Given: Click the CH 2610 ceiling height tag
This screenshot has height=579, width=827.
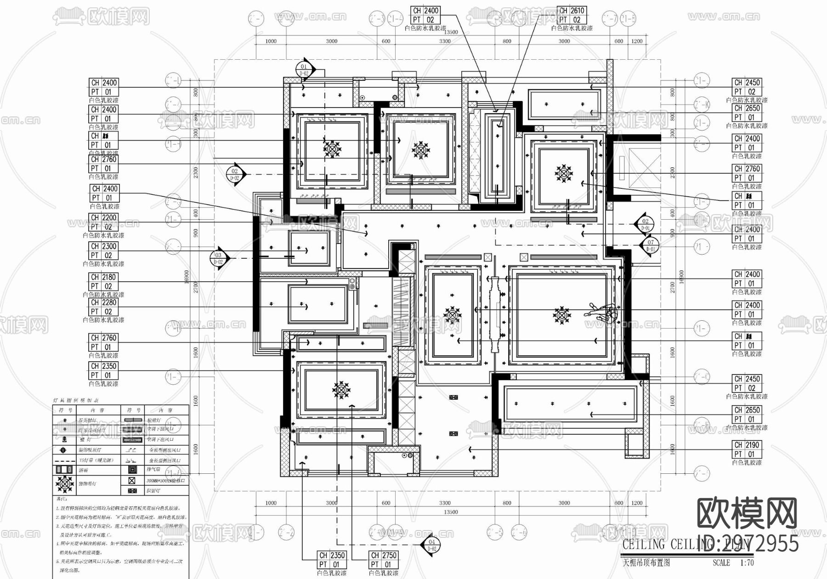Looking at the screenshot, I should (572, 11).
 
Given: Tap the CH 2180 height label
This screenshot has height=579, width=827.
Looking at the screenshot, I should (103, 277).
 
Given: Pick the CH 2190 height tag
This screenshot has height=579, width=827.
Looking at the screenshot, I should (747, 445).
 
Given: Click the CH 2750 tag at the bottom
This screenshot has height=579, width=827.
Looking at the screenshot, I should (383, 555).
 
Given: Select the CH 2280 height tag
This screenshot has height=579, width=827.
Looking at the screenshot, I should (103, 302).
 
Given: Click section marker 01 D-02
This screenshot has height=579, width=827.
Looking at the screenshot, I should (304, 69).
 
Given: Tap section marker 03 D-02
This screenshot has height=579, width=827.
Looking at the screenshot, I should (218, 258).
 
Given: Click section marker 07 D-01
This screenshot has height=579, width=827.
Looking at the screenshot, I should (650, 245).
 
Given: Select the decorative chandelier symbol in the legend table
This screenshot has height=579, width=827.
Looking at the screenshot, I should (64, 483).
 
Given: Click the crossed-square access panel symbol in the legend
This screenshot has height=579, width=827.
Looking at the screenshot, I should (132, 481).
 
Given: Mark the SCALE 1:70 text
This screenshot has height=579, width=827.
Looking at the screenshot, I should (733, 562).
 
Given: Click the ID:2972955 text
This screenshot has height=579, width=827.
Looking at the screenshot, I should (748, 544).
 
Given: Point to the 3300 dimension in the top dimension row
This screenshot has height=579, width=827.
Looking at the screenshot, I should (445, 41).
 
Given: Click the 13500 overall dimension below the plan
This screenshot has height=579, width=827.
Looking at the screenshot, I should (451, 512).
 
